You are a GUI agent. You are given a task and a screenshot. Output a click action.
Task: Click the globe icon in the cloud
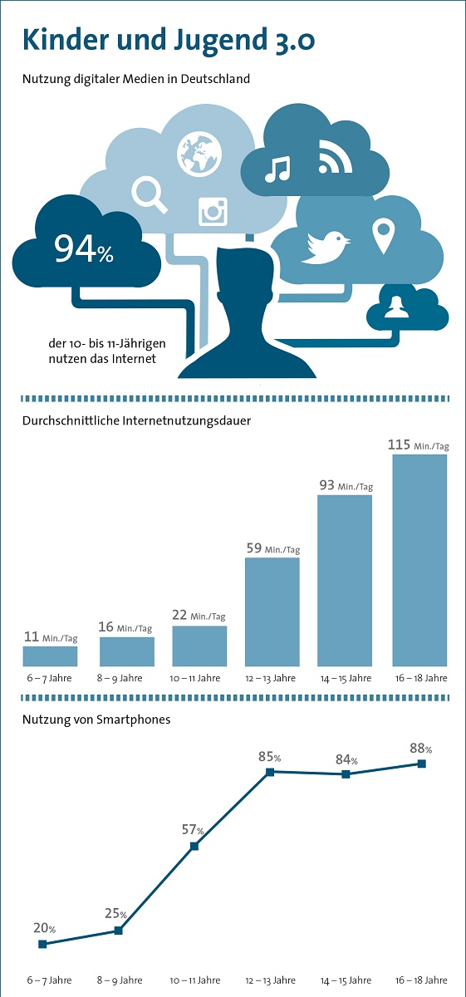(x=199, y=153)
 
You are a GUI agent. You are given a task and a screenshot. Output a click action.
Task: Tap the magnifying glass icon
(x=149, y=194)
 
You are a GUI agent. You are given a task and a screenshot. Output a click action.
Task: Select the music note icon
(x=277, y=169)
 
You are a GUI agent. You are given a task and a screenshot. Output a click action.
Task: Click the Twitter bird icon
(x=326, y=248)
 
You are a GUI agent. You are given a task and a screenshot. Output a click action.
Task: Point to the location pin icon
(x=383, y=237)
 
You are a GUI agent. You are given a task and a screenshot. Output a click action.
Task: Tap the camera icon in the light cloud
(x=213, y=211)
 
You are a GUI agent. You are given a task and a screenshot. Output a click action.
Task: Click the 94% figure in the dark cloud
(x=84, y=248)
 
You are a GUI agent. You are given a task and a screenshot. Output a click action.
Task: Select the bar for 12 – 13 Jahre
(x=272, y=611)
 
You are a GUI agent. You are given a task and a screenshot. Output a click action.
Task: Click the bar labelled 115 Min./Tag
(x=419, y=560)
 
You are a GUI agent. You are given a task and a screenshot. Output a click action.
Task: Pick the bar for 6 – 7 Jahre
(x=51, y=656)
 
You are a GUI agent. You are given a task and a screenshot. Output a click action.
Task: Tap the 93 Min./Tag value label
(x=346, y=485)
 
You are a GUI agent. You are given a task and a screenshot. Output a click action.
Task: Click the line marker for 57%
(x=194, y=846)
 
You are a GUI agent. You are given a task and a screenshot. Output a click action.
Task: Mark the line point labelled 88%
(x=421, y=764)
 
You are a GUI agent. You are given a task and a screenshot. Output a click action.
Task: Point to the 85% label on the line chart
(x=270, y=757)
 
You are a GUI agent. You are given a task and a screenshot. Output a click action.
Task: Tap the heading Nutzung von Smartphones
(x=96, y=720)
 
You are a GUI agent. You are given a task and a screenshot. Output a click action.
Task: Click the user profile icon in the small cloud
(x=396, y=307)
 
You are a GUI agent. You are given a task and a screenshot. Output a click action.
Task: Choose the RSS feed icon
(x=336, y=156)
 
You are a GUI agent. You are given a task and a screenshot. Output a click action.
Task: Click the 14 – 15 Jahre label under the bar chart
(x=346, y=678)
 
